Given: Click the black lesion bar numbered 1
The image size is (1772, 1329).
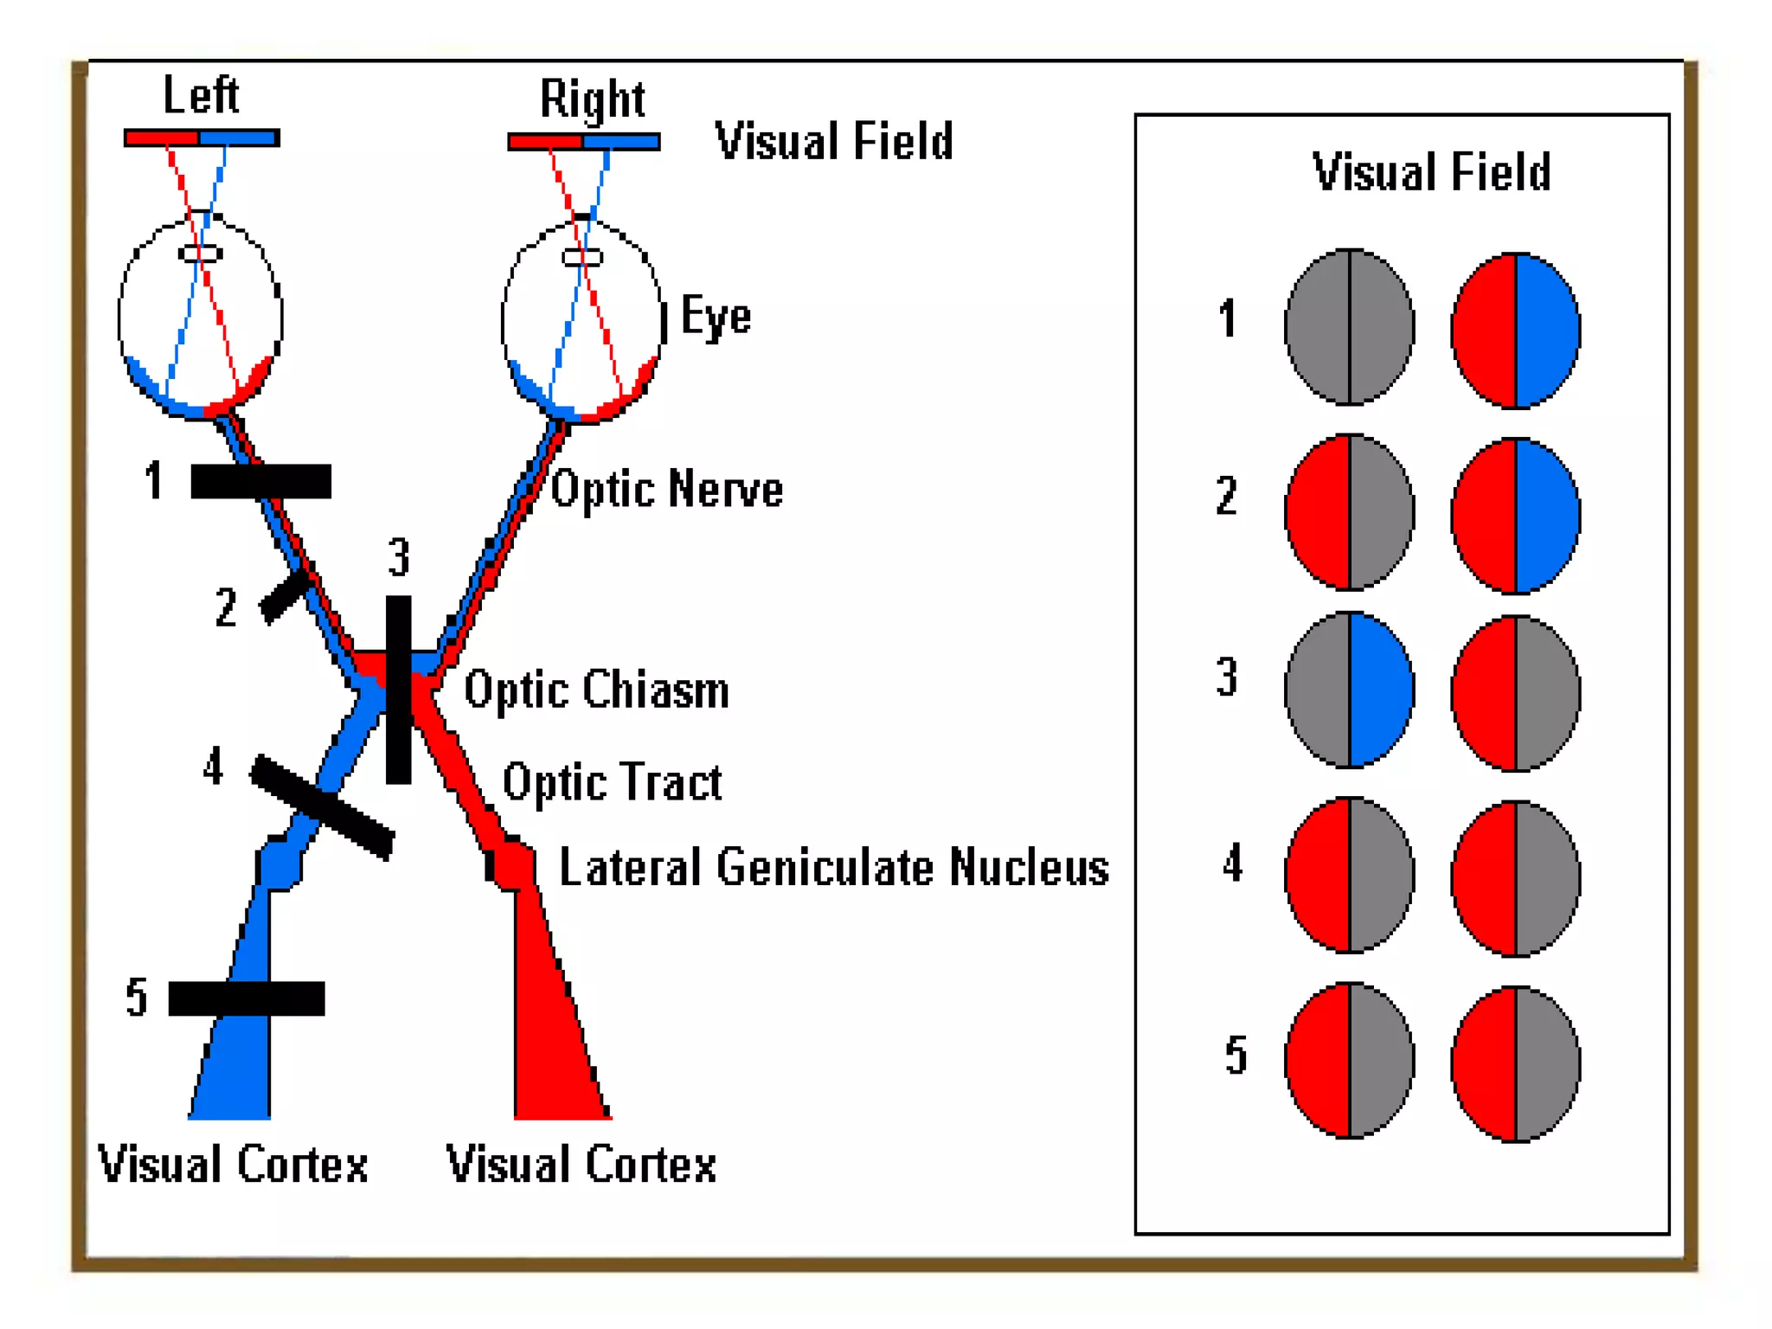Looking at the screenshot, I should pyautogui.click(x=260, y=481).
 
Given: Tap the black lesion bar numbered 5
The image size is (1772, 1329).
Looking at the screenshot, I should pyautogui.click(x=247, y=998).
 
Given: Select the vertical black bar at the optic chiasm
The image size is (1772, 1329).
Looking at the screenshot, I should pyautogui.click(x=398, y=690).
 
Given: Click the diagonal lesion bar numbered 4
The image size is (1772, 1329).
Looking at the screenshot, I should pyautogui.click(x=322, y=807).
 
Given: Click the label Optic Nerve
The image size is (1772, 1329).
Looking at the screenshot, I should pyautogui.click(x=666, y=490).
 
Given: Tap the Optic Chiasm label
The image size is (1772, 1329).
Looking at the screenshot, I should pyautogui.click(x=596, y=690).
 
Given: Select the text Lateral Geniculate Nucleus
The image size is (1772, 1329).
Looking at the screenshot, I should pyautogui.click(x=833, y=867).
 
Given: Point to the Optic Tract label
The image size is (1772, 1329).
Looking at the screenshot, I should pyautogui.click(x=612, y=783).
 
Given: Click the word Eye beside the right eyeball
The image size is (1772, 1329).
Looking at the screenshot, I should pyautogui.click(x=716, y=316).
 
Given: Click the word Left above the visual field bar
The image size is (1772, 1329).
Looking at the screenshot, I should pyautogui.click(x=200, y=94).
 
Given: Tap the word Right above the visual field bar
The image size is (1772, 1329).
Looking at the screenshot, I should pyautogui.click(x=592, y=99).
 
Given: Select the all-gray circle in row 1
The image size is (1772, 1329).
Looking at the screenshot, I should pyautogui.click(x=1349, y=327).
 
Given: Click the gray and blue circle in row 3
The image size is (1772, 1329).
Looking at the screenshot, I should pyautogui.click(x=1349, y=690).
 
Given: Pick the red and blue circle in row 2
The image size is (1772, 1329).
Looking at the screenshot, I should pyautogui.click(x=1515, y=516).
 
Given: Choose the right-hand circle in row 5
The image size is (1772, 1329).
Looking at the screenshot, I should pyautogui.click(x=1515, y=1063).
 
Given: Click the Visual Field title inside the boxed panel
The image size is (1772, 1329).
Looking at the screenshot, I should pyautogui.click(x=1431, y=171).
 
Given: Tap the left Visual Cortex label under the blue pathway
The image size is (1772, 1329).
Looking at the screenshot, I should pyautogui.click(x=232, y=1164).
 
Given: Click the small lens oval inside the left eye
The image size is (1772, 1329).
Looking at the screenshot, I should pyautogui.click(x=200, y=254).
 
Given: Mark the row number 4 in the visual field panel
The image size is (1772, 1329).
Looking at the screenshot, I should pyautogui.click(x=1233, y=864).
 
